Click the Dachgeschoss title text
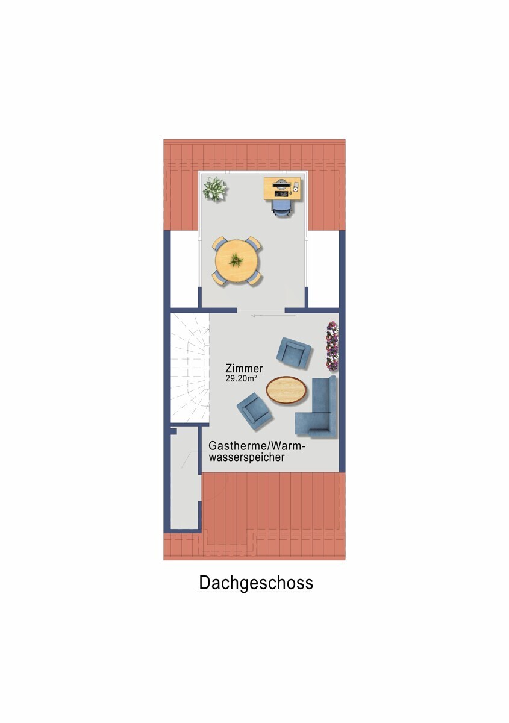(255, 583)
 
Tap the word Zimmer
(245, 368)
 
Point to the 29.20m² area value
(241, 378)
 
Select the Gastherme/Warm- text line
(257, 446)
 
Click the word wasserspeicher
(246, 457)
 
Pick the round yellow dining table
(237, 260)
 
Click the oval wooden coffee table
(286, 390)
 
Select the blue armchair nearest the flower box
(294, 352)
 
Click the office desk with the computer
(283, 189)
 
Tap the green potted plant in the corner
(214, 189)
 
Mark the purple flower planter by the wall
(332, 346)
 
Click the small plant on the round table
(237, 259)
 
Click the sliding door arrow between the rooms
(273, 316)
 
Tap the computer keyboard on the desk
(281, 193)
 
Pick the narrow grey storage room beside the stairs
(184, 478)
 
